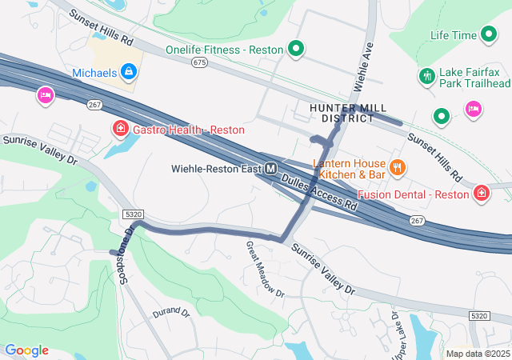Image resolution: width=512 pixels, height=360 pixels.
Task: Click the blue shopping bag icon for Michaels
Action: [129, 73]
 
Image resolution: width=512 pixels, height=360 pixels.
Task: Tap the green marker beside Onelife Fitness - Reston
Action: [295, 50]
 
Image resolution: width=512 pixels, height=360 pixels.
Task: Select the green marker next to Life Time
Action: [488, 35]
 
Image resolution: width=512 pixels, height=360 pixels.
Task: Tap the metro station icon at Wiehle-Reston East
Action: [271, 169]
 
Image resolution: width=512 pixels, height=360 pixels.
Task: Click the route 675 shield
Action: [199, 62]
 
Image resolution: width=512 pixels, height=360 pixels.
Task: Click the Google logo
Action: [26, 350]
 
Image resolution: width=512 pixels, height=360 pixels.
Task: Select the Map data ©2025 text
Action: [477, 354]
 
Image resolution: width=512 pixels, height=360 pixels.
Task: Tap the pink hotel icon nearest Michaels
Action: [45, 96]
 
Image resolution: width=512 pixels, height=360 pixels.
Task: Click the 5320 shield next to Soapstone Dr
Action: [134, 214]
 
